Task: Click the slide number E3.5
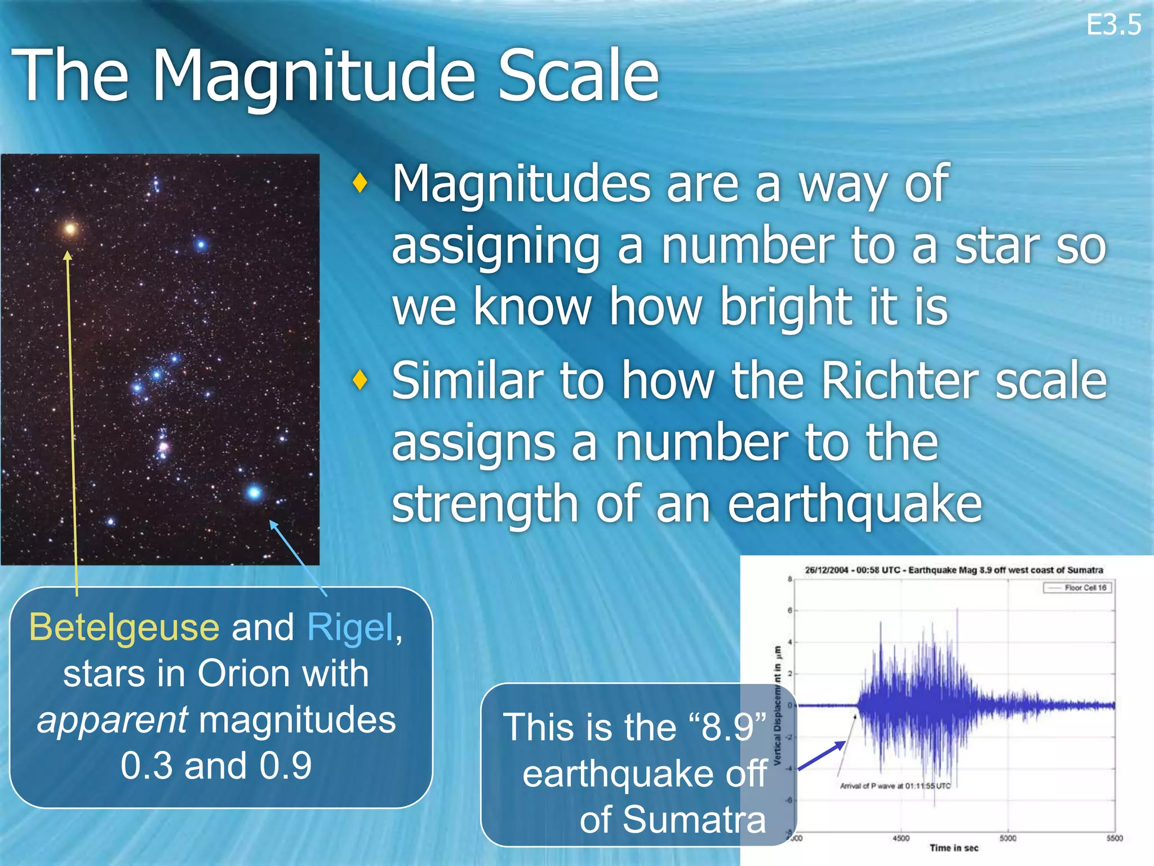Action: click(1113, 26)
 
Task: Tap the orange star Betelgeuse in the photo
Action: click(70, 228)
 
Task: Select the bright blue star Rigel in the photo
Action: click(254, 493)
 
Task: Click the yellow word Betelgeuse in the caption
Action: click(124, 628)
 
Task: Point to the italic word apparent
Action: click(112, 720)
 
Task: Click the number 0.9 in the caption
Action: click(286, 766)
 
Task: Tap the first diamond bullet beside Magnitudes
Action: click(359, 183)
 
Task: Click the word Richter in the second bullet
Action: click(899, 381)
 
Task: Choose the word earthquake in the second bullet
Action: click(855, 504)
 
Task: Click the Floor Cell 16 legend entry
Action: click(1078, 588)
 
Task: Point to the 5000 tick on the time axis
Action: click(1007, 838)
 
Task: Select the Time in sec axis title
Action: click(953, 848)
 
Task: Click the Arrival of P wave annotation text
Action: click(895, 786)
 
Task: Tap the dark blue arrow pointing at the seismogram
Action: click(822, 755)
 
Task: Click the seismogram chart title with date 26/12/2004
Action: click(953, 570)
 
